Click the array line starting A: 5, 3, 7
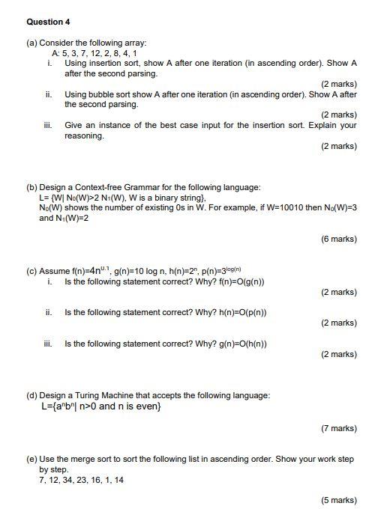[x=94, y=54]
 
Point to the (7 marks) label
[x=338, y=428]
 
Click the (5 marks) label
[x=338, y=500]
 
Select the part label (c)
[x=31, y=270]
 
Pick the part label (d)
[x=31, y=395]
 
